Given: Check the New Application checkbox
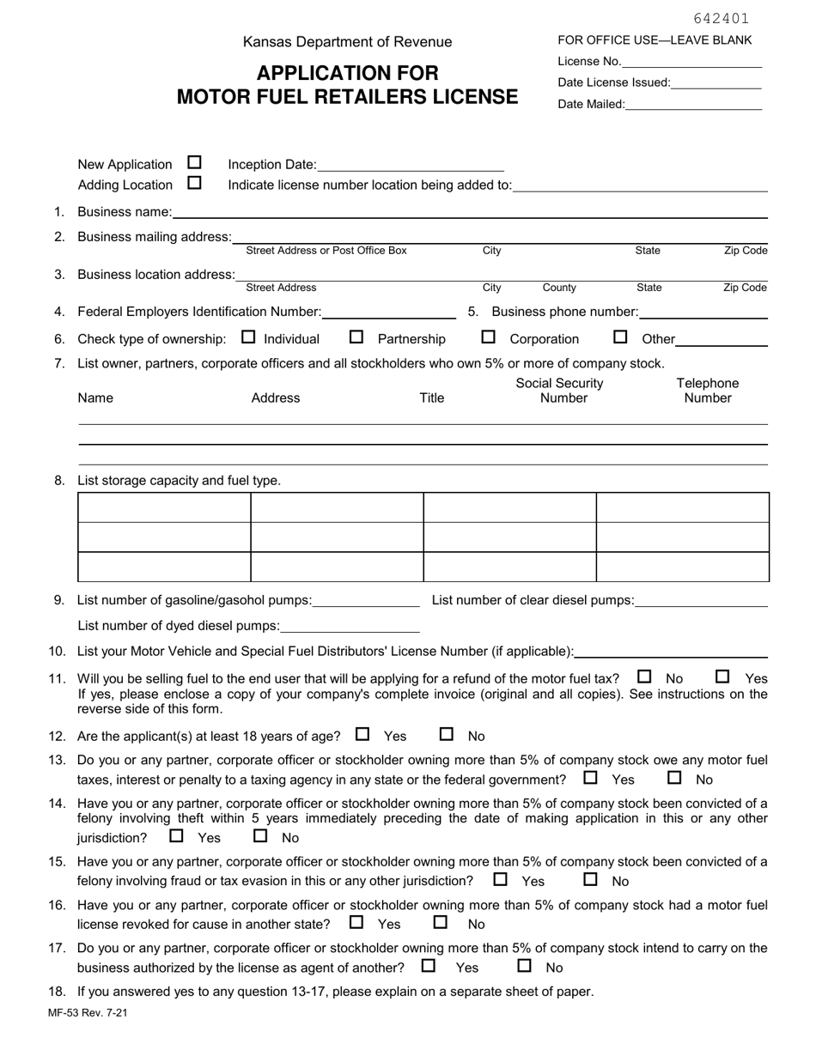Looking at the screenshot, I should point(194,162).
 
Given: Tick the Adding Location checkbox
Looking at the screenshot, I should point(194,183).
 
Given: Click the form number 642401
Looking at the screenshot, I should point(721,18).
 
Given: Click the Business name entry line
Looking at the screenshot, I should point(469,211).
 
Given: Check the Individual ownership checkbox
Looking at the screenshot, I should point(249,337).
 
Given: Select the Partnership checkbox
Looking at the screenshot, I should point(356,337).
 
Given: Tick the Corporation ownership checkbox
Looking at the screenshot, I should point(489,337).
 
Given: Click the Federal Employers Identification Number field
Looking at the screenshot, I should point(389,312).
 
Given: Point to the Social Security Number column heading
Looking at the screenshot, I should point(559,391).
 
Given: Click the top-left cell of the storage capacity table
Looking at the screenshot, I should point(164,507).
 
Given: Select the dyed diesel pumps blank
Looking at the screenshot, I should point(350,626).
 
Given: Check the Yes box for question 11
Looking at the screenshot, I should point(722,677).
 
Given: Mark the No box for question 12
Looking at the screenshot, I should point(447,734).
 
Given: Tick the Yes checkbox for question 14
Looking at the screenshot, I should point(177,835).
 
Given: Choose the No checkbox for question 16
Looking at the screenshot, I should point(441,922).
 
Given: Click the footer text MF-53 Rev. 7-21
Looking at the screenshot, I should point(88,1013).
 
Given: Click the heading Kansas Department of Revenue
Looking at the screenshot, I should point(347,42).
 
